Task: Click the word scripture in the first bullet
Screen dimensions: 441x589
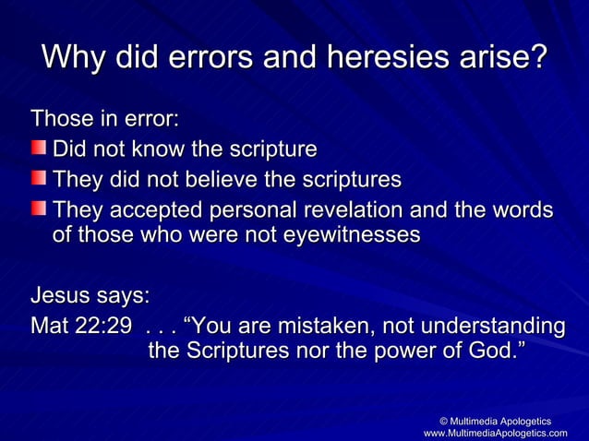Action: coord(267,149)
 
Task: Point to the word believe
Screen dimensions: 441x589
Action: coord(252,178)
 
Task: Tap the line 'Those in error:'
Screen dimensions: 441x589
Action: coord(105,119)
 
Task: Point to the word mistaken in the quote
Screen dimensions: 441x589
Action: coord(312,327)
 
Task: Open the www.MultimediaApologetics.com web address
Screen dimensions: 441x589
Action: coord(496,433)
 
